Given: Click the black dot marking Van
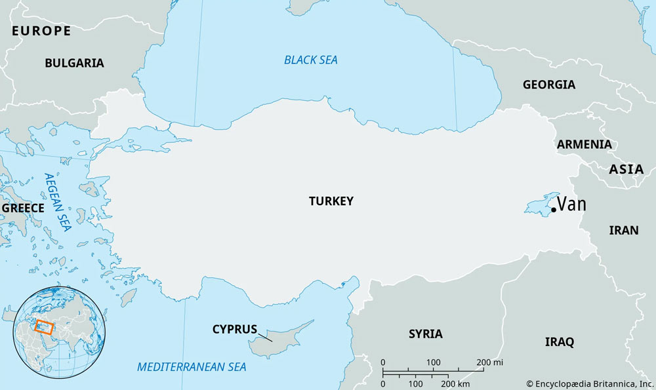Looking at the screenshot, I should coord(554,210).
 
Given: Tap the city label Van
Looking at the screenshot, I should coord(572,205).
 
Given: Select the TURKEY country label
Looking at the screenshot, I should coord(331,201).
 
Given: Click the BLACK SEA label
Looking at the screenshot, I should coord(310,60).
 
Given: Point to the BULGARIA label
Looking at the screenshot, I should coord(74,63).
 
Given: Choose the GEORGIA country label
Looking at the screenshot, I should coord(548,85).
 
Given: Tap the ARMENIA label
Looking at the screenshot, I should coord(584,144).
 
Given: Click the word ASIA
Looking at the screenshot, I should coord(626,169).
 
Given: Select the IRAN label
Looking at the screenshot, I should coord(623,230).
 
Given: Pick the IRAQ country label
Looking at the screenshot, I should coord(560,341).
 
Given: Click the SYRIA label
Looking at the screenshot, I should coord(425,334).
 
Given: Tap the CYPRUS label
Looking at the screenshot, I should coord(234,329).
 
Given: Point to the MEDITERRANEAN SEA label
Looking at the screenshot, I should coord(192,366).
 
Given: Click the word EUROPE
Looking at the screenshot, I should coord(41,31).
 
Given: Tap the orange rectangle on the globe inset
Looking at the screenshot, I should coord(44,326).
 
